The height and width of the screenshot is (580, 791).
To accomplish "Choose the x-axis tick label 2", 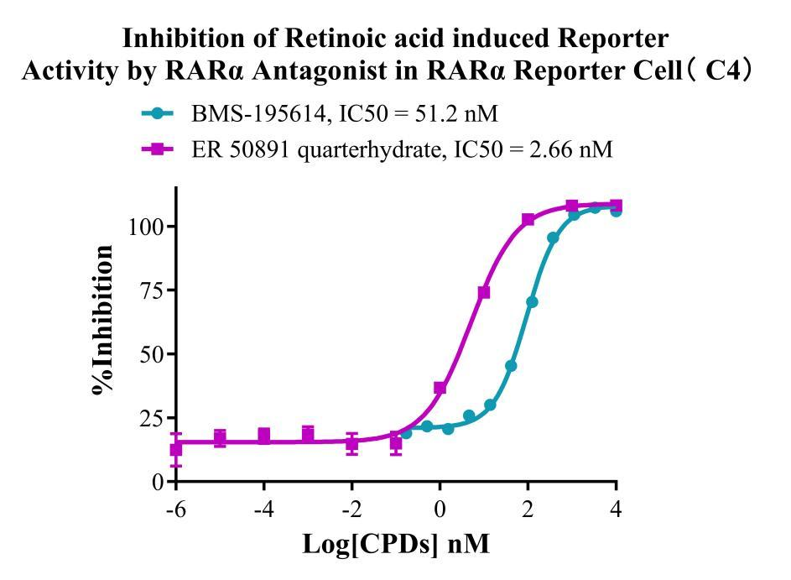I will tap(528, 510).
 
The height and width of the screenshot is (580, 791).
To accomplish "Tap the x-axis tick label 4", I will tap(617, 510).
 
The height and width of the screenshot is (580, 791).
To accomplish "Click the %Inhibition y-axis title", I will tap(105, 319).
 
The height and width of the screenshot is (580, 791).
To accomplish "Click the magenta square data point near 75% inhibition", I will tap(484, 292).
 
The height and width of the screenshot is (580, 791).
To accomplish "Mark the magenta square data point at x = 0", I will tap(440, 388).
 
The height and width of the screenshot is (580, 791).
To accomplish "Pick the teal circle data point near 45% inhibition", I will tap(511, 366).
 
